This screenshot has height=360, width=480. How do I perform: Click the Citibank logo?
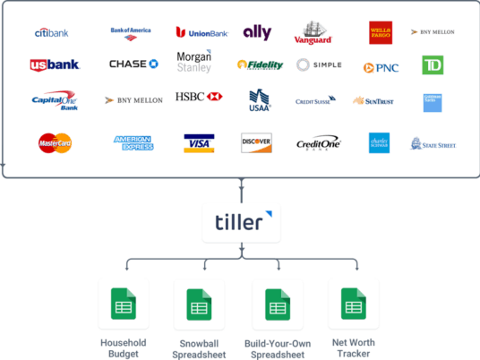[x=51, y=32]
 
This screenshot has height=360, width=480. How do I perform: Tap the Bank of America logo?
[x=131, y=33]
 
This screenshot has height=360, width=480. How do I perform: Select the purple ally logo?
[x=257, y=32]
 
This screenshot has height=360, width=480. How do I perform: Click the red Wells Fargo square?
[x=380, y=33]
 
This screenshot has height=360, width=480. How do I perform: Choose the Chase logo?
[x=133, y=64]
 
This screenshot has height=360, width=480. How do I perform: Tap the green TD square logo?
[x=433, y=65]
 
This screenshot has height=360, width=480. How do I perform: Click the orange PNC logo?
[x=381, y=67]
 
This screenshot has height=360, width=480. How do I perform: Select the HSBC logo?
[x=199, y=97]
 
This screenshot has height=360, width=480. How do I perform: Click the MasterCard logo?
[x=56, y=142]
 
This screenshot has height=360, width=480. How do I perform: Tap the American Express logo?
[x=133, y=142]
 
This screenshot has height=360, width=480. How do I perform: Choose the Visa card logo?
[x=199, y=143]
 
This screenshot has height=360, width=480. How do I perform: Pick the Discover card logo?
[x=257, y=143]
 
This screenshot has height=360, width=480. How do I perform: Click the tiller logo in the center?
[x=240, y=221]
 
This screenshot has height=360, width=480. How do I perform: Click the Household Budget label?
[x=123, y=347]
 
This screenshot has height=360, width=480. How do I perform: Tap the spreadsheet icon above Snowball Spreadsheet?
[x=199, y=305]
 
